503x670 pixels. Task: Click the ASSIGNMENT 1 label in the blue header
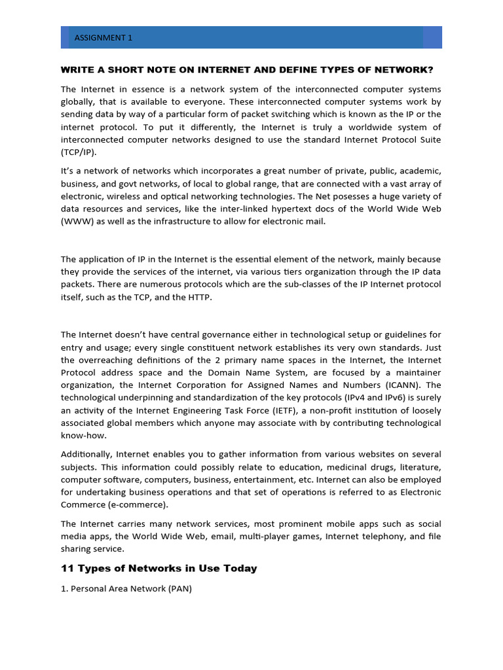click(103, 38)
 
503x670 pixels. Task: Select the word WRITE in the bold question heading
click(76, 70)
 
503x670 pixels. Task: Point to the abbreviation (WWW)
click(79, 221)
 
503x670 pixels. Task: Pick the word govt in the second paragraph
click(137, 184)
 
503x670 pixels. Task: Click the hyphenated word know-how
click(83, 436)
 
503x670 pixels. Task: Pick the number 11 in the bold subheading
click(67, 569)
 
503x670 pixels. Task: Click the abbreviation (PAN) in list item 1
click(179, 589)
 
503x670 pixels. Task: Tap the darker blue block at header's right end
click(432, 37)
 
